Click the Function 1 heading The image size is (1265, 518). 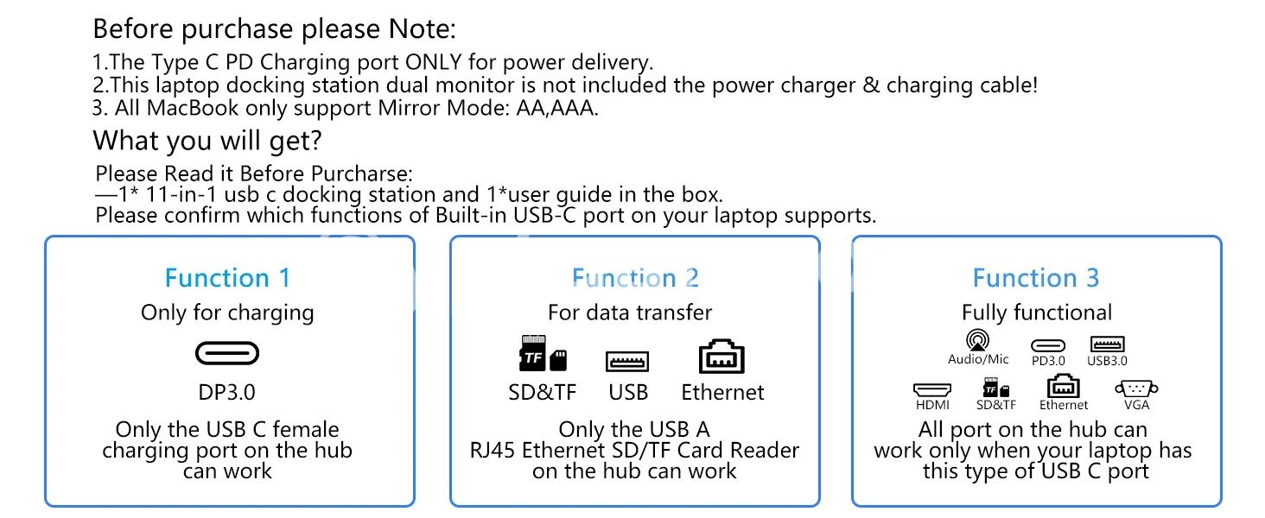click(x=228, y=278)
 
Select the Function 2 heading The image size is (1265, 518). click(x=635, y=278)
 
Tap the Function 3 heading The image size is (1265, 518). click(x=1036, y=278)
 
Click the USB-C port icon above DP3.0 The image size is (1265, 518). click(x=227, y=353)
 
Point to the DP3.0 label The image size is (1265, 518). click(x=227, y=392)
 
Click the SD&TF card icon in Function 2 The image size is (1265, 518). click(x=542, y=354)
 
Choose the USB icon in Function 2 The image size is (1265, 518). click(x=628, y=361)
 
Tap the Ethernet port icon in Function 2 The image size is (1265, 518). click(x=721, y=357)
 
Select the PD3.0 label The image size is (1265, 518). click(x=1048, y=361)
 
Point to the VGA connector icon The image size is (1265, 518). click(x=1136, y=388)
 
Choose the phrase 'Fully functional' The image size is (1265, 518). click(x=1037, y=313)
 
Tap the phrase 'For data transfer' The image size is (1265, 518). click(x=630, y=313)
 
